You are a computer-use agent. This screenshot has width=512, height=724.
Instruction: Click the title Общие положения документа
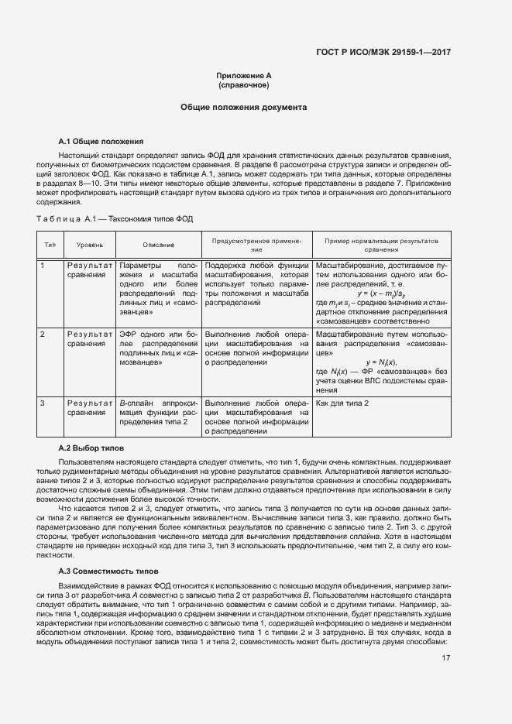[244, 108]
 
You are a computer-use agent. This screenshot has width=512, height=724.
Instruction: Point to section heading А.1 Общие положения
[101, 142]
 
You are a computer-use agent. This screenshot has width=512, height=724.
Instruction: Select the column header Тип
[50, 245]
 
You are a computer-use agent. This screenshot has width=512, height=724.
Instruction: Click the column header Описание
[158, 245]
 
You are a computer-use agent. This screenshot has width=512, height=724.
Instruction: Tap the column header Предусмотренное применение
[256, 245]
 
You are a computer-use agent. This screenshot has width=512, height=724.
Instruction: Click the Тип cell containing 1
[43, 266]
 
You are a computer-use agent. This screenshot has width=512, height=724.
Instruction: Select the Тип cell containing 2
[43, 334]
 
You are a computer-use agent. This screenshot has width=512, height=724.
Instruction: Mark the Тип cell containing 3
[43, 403]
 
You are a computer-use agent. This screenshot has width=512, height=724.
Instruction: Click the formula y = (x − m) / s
[382, 293]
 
